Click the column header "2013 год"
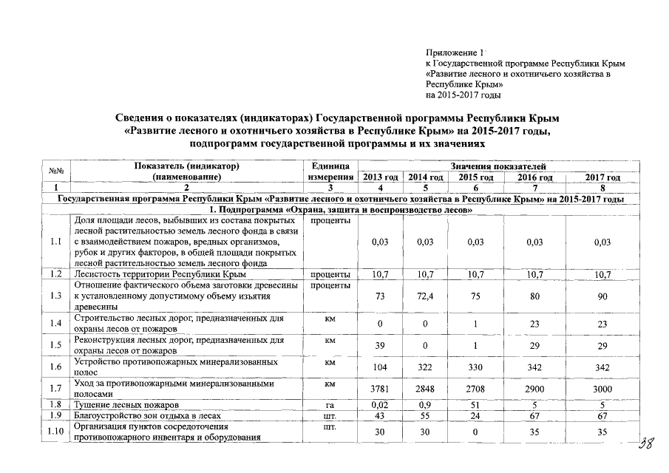point(381,178)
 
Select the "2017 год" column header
point(602,178)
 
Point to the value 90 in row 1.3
point(602,296)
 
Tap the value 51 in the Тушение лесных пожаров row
point(476,406)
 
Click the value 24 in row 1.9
point(476,417)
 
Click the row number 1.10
point(55,432)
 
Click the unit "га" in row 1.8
point(330,406)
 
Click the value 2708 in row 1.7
point(476,389)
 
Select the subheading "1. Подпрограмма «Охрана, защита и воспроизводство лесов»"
point(339,211)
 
